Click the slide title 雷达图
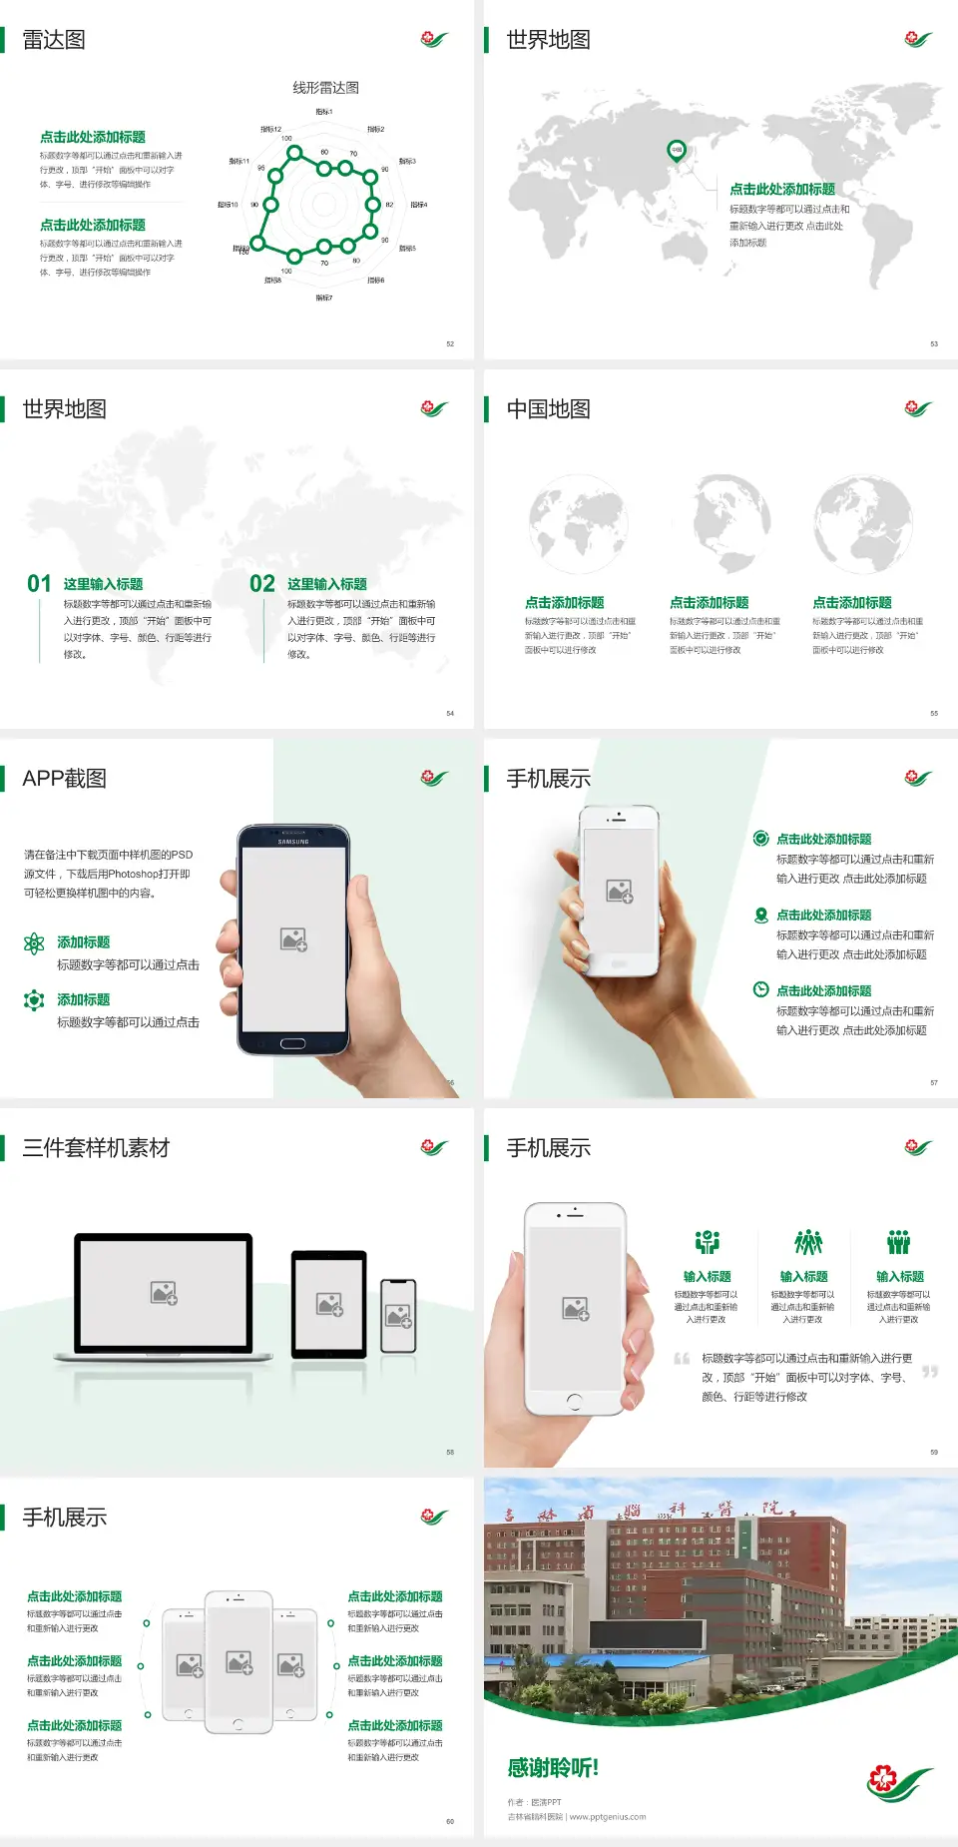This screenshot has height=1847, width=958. point(54,40)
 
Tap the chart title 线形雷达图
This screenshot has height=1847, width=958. point(325,88)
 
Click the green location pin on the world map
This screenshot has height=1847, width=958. point(677,151)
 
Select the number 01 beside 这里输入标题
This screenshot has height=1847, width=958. point(39,584)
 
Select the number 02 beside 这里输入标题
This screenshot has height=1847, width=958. point(262,584)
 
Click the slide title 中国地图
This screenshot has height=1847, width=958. point(548,409)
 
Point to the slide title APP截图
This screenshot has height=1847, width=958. point(64,779)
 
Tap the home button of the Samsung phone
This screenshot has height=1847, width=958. point(292,1043)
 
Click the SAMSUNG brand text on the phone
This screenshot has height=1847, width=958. point(293,842)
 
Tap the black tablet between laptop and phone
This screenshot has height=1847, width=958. point(329,1304)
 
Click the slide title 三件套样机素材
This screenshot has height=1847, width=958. point(96,1148)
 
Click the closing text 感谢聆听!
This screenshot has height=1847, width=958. point(553,1768)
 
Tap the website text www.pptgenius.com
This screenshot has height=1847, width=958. point(608,1817)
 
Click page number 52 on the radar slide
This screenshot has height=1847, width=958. point(450,343)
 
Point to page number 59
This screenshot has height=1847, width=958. point(934,1452)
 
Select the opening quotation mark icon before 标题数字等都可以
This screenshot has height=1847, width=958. point(682,1359)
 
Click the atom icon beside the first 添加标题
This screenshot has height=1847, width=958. point(34,943)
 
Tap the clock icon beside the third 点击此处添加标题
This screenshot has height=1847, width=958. point(760,989)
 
